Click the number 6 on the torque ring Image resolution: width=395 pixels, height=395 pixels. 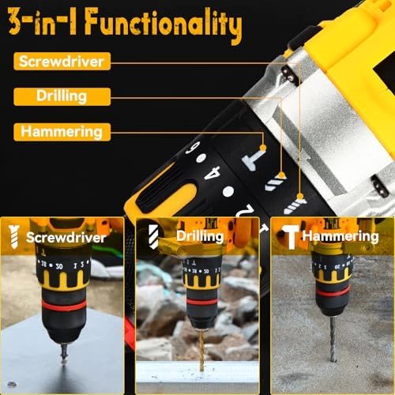191,149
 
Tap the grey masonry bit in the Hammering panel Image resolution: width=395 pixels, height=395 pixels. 333,336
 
